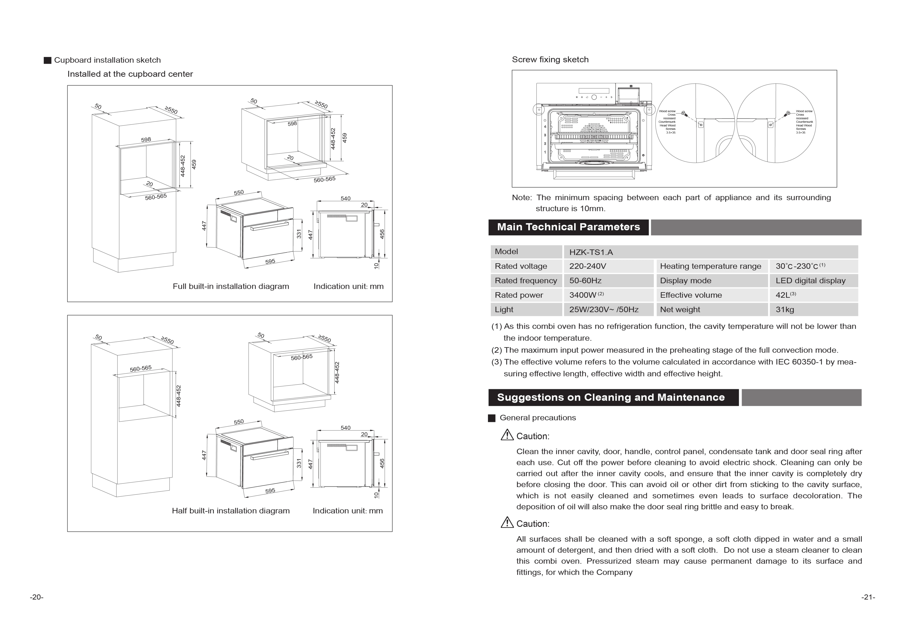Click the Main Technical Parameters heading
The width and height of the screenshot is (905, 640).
point(568,227)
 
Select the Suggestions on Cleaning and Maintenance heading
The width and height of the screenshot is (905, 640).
point(610,397)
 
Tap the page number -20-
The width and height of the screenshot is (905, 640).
point(37,597)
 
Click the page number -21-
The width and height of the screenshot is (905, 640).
point(868,597)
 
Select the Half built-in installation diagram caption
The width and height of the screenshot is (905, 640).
point(231,511)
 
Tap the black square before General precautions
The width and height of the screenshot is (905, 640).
point(491,418)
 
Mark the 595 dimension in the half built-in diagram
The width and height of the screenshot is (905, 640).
point(270,491)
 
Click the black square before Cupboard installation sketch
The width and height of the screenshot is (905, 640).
point(47,60)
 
